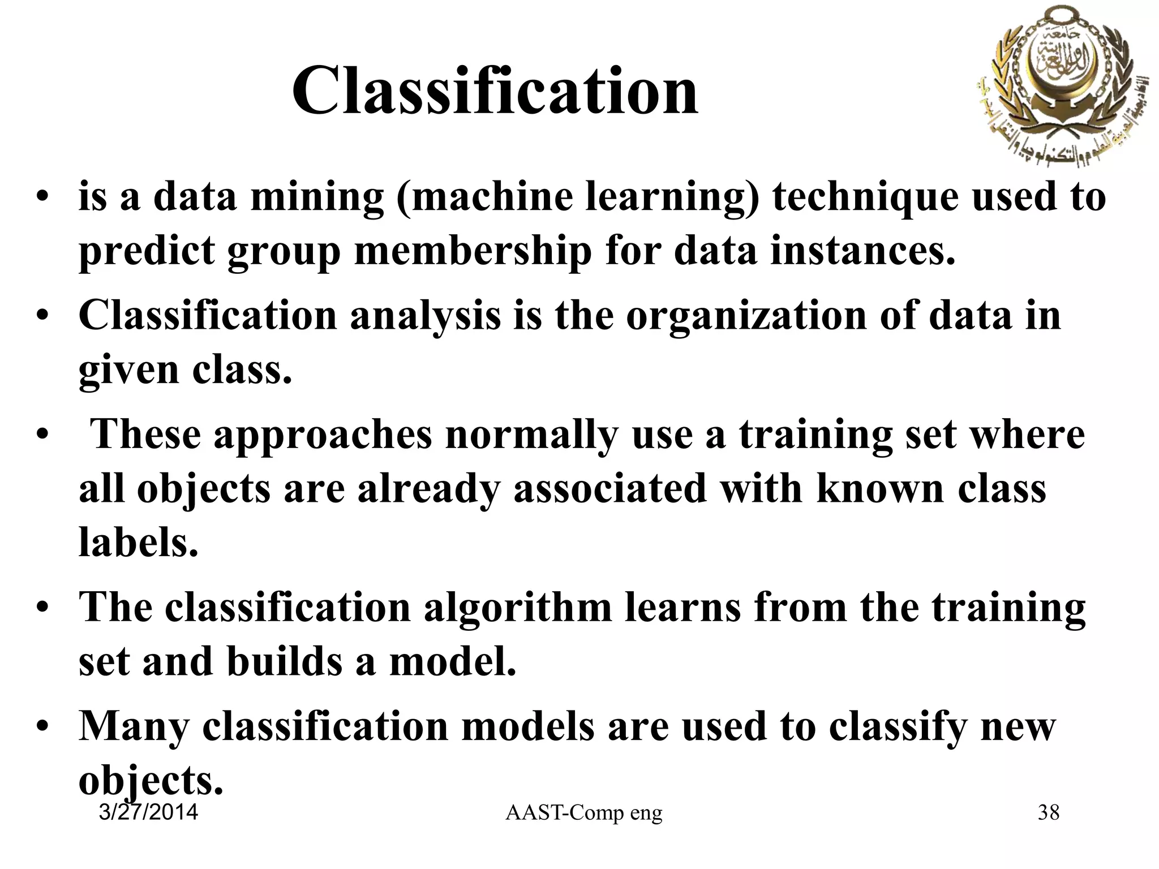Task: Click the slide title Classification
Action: (x=495, y=91)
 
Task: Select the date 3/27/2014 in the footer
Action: (x=148, y=812)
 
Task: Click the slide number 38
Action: (x=1048, y=813)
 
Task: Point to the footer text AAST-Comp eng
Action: (x=583, y=813)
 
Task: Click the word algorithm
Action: (x=518, y=608)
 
